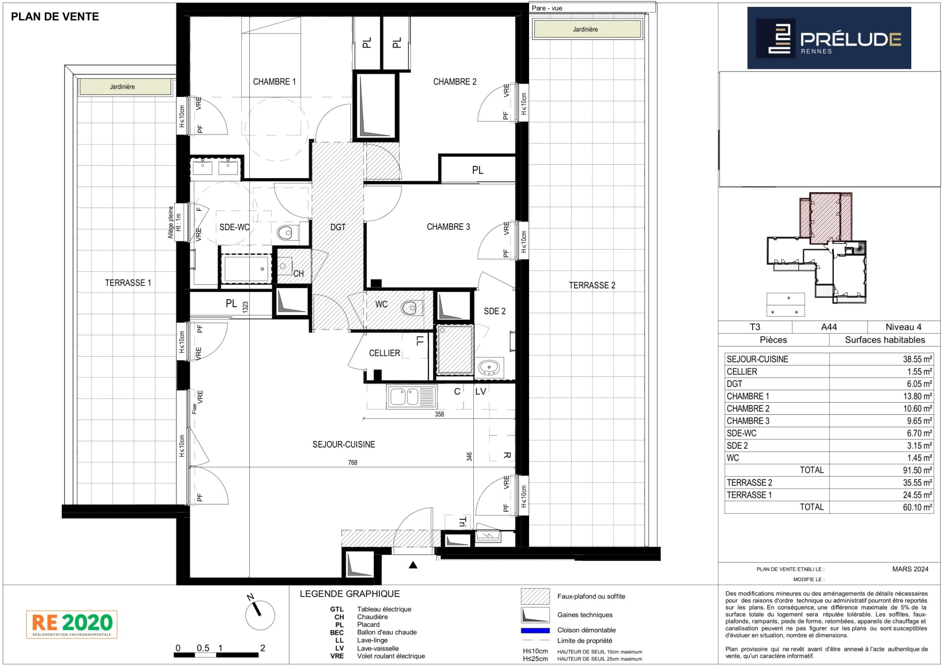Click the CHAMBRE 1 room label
point(274,82)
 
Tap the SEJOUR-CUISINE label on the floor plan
point(344,444)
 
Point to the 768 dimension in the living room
point(353,463)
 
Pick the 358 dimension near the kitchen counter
point(439,414)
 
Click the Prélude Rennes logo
point(829,38)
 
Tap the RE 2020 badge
point(72,624)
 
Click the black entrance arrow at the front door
point(413,565)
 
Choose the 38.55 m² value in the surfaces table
point(917,359)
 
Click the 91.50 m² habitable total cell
point(917,470)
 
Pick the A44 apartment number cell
point(829,327)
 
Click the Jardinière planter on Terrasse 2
point(587,30)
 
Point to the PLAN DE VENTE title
point(55,17)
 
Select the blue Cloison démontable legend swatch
point(535,631)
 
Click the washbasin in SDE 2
point(489,368)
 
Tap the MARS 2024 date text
point(910,569)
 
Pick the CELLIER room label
point(384,353)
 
